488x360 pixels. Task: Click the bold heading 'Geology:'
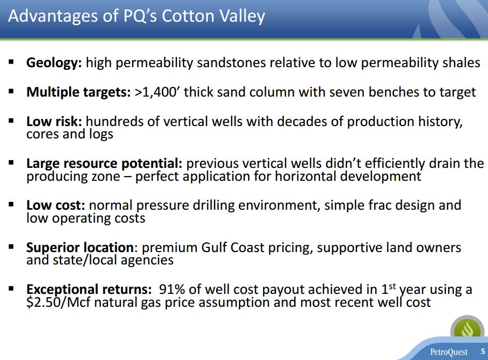point(54,63)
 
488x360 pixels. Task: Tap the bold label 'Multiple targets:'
point(79,92)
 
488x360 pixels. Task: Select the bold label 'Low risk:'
point(54,121)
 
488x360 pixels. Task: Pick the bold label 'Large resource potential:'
point(104,163)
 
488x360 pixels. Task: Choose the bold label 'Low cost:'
point(56,205)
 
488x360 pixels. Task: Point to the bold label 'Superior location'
point(80,247)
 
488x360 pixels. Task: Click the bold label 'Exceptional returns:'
point(89,289)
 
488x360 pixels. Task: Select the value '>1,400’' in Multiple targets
point(158,92)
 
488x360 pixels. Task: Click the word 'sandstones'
point(232,63)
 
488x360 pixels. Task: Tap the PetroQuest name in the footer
point(449,352)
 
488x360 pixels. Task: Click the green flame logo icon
point(467,328)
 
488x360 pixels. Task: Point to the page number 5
point(483,351)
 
